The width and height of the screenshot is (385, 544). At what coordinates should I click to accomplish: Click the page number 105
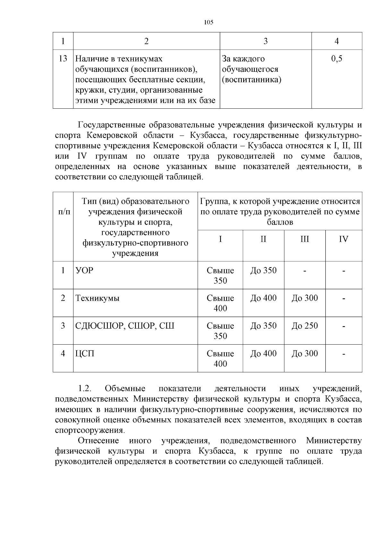coord(209,22)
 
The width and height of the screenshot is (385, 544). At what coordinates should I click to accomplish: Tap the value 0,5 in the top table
coord(337,59)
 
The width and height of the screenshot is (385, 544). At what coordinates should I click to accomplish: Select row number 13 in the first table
coord(63,59)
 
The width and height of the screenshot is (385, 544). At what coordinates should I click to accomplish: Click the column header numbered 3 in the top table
coord(265,41)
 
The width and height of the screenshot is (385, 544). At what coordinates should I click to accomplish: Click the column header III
coord(304,239)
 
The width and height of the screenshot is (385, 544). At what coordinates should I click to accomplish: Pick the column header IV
coord(344,239)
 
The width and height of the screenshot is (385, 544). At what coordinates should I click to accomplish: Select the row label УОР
coord(84,271)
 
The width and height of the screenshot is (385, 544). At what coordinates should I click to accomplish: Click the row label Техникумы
coord(97,298)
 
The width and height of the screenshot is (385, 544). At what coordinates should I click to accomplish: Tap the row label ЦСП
coord(85,354)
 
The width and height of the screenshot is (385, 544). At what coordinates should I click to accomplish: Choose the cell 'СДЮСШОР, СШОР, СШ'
coord(125,326)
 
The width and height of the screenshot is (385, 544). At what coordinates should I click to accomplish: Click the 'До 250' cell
coord(304,326)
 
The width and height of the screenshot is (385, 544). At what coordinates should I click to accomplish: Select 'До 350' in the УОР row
coord(263,271)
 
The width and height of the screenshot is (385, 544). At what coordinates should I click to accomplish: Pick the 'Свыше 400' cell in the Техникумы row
coord(220,303)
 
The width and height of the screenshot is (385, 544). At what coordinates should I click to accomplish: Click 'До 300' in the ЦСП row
coord(304,354)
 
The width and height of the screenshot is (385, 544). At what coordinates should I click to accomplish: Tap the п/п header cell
coord(63,212)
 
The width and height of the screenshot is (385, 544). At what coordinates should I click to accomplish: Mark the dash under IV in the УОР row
coord(344,271)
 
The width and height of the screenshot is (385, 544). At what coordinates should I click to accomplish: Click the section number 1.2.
coord(85,389)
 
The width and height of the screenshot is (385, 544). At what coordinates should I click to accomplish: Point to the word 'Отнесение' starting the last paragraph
coord(98,441)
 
